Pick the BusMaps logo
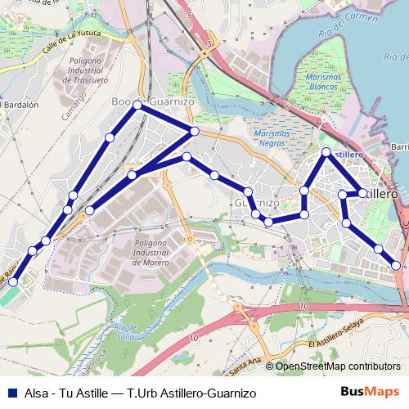click(x=371, y=393)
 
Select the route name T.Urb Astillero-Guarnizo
click(x=196, y=393)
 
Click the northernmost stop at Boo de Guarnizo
click(x=137, y=106)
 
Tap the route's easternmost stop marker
click(x=397, y=264)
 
